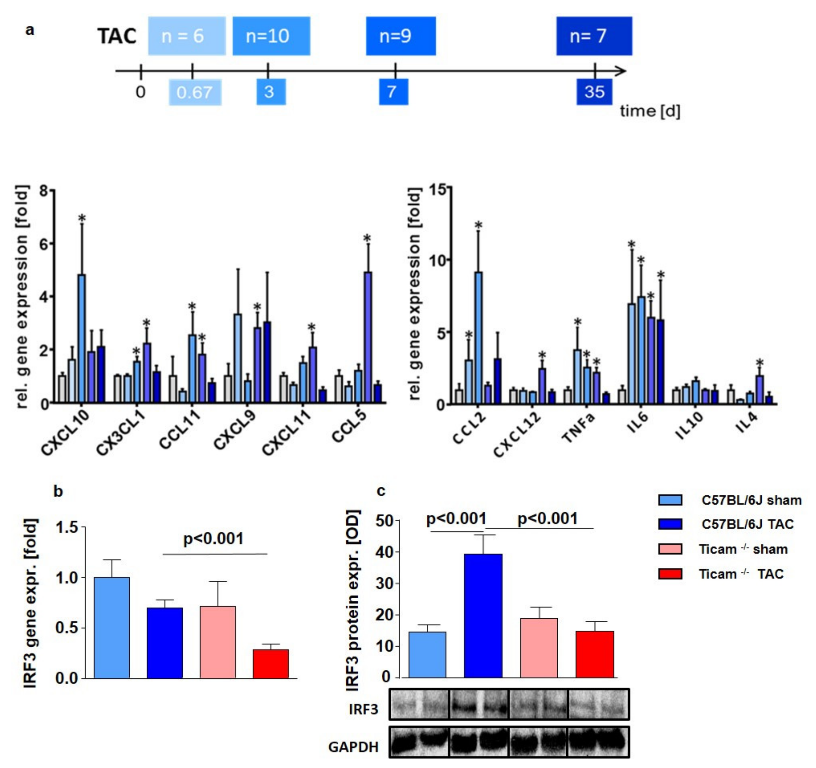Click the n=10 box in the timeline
(271, 36)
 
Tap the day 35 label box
(594, 92)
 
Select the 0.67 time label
(195, 92)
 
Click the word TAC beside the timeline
(117, 36)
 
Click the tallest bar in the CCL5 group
(368, 336)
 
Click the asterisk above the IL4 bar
(760, 363)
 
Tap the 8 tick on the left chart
(44, 190)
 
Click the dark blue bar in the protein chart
(483, 616)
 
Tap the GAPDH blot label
(353, 747)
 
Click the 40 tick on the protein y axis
(384, 552)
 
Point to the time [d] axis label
(650, 111)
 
